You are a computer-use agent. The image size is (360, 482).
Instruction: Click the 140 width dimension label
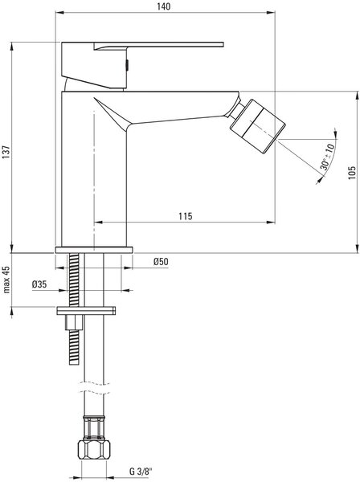(x=164, y=6)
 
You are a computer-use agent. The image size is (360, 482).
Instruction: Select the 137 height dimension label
(x=6, y=152)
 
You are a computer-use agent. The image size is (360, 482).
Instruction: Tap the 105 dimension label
(x=352, y=173)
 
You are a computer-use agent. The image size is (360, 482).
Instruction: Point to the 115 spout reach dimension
(x=186, y=216)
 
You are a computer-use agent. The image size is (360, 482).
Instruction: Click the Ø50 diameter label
(x=161, y=262)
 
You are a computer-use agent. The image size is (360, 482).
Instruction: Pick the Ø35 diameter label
(x=39, y=284)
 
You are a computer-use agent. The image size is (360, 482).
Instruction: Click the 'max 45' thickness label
(x=6, y=280)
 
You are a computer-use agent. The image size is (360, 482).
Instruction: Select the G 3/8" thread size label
(x=141, y=472)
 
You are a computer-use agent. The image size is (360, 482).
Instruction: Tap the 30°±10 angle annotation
(x=327, y=157)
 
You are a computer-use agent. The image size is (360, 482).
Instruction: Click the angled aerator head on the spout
(x=258, y=126)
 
